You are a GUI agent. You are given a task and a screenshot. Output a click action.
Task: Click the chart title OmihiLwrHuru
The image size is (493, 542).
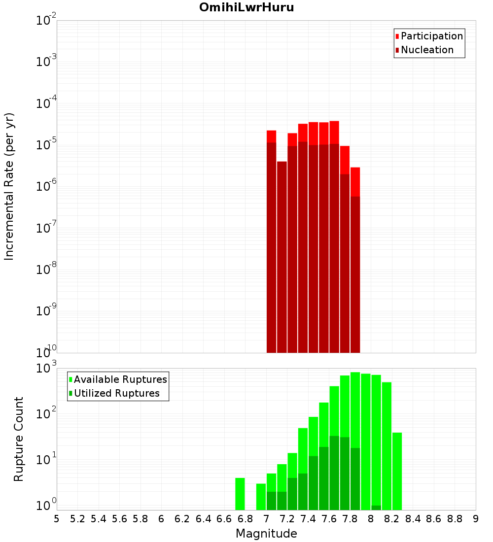pyautogui.click(x=246, y=7)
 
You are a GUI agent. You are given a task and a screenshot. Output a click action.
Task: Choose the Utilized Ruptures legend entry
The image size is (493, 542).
pyautogui.click(x=116, y=393)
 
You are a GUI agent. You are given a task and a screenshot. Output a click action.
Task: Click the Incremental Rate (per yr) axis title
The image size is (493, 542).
pyautogui.click(x=9, y=186)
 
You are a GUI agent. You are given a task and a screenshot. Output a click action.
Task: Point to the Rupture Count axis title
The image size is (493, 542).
pyautogui.click(x=19, y=439)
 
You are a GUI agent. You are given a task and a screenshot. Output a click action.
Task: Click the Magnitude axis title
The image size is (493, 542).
pyautogui.click(x=266, y=534)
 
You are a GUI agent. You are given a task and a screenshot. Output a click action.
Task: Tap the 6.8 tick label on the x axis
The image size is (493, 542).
pyautogui.click(x=245, y=519)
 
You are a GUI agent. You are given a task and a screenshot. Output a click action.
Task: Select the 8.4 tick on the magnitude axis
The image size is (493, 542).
pyautogui.click(x=413, y=519)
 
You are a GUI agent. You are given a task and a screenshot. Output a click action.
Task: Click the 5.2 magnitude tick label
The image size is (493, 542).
pyautogui.click(x=77, y=519)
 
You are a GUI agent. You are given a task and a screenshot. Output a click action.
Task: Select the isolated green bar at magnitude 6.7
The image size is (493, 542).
pyautogui.click(x=240, y=494)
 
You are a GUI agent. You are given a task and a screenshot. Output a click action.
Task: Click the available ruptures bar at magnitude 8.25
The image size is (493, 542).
pyautogui.click(x=397, y=471)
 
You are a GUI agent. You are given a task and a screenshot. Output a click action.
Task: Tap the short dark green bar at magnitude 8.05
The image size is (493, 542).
pyautogui.click(x=376, y=508)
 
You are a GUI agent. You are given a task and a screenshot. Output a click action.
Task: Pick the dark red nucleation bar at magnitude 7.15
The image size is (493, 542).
pyautogui.click(x=282, y=256)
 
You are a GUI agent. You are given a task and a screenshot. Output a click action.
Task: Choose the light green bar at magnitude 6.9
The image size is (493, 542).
pyautogui.click(x=261, y=497)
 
